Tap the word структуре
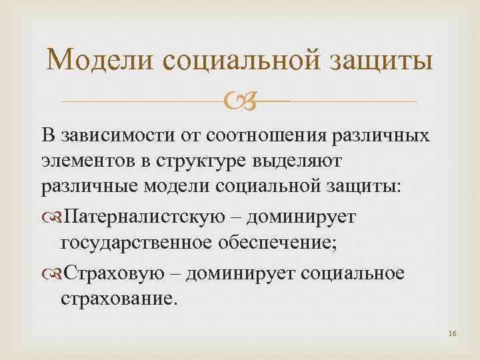tap(216, 162)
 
